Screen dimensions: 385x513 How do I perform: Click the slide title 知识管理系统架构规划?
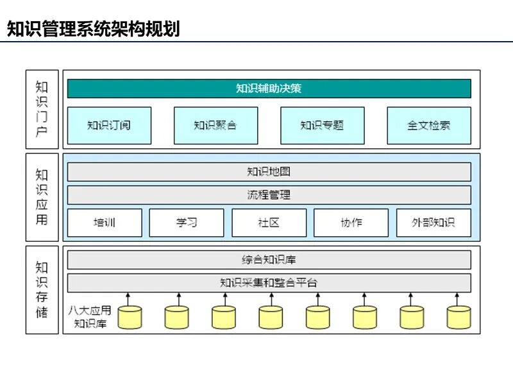93,29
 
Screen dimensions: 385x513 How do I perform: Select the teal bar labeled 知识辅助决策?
269,89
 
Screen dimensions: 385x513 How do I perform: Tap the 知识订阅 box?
109,125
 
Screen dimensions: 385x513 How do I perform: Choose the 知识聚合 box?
215,125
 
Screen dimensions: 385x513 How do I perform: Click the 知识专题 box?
322,125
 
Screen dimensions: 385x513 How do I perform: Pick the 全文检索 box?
428,125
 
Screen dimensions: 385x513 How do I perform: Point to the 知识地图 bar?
269,172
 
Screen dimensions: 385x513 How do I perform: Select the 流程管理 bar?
269,194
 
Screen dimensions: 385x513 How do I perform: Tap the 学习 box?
187,223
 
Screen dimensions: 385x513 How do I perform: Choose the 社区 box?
269,223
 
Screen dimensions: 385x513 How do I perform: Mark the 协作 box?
351,223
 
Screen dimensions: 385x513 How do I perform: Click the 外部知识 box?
433,223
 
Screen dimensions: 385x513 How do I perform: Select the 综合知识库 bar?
269,260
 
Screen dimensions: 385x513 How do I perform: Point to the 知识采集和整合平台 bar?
269,282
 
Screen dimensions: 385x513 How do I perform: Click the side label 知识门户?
42,110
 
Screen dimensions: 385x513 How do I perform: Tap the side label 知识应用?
42,197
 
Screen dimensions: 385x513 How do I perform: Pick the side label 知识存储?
42,289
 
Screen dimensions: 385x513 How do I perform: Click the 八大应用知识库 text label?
90,317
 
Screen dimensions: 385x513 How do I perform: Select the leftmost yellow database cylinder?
130,317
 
